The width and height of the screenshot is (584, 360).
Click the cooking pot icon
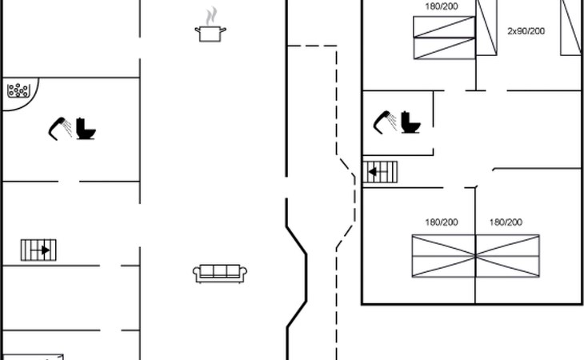pos(210,33)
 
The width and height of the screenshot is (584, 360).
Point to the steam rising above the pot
pos(211,16)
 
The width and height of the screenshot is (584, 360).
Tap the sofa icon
pos(220,273)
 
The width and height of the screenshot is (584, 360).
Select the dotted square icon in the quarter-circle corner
pos(18,90)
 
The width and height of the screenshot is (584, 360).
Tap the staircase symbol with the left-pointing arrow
pos(381,171)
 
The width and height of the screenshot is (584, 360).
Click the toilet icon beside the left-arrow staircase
pos(411,122)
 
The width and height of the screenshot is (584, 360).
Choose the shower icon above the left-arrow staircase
pos(384,121)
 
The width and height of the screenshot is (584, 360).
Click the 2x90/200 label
pos(526,31)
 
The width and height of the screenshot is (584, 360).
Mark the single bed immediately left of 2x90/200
pos(486,28)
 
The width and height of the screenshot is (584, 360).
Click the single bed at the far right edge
pos(571,28)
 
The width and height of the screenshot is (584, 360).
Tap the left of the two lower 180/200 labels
pos(441,222)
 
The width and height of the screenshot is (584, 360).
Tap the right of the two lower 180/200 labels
pos(506,222)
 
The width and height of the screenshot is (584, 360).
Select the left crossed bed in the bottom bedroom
pos(444,256)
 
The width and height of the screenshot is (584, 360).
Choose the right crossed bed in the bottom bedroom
pos(507,256)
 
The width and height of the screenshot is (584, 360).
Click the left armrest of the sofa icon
pos(196,274)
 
